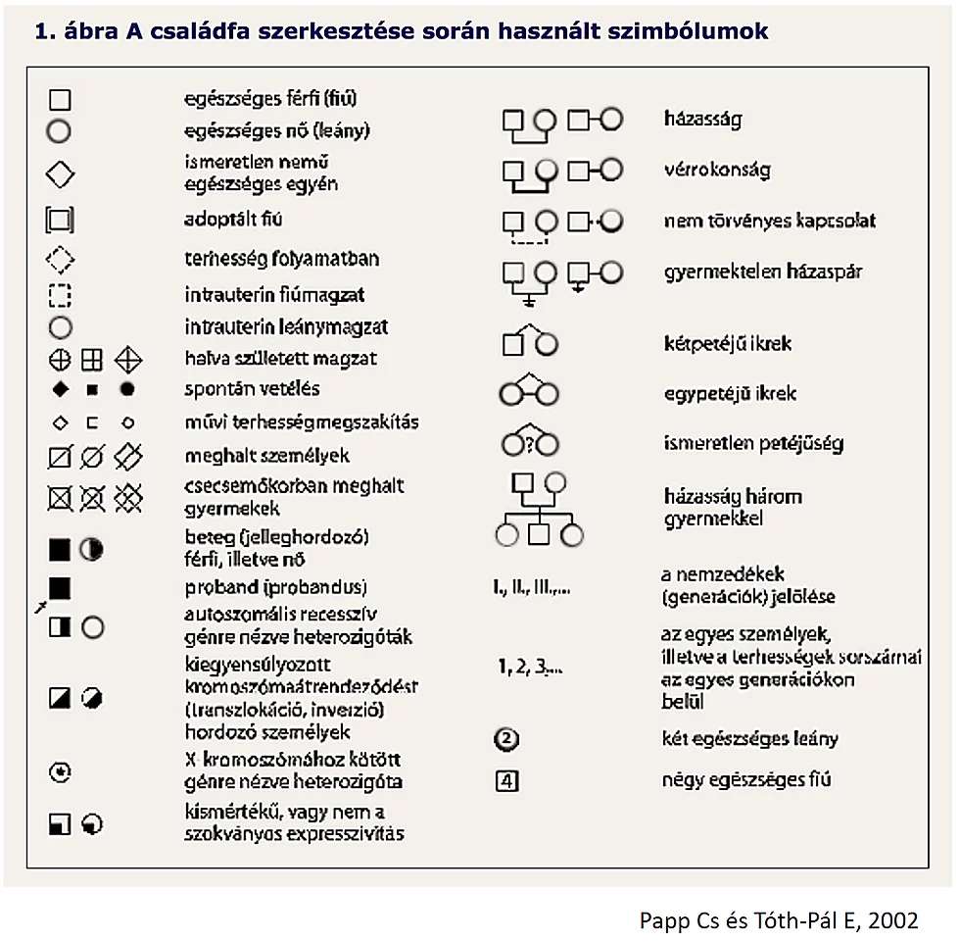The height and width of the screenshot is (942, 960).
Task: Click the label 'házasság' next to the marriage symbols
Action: [702, 120]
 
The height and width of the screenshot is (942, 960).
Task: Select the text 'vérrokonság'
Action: [716, 169]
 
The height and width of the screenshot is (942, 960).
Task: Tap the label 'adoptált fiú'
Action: [233, 219]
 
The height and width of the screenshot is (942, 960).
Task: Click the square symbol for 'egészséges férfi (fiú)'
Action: [60, 100]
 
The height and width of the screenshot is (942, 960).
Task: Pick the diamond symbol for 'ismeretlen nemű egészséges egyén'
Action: [61, 174]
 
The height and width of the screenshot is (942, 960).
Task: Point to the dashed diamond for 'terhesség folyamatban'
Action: [61, 260]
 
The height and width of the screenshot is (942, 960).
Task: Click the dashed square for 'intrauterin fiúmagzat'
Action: [60, 295]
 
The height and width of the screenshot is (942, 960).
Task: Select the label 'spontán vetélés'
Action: [252, 388]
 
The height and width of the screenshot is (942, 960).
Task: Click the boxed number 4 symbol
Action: [506, 781]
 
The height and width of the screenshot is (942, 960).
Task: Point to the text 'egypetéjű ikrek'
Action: [730, 394]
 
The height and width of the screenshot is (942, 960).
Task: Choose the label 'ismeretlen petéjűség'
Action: [752, 442]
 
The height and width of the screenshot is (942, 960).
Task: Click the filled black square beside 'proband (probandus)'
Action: [60, 587]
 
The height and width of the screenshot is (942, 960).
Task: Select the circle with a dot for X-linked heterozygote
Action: [61, 772]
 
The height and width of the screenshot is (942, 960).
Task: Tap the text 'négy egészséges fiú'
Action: [746, 780]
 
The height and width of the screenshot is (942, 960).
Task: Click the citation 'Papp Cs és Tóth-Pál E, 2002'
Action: [779, 920]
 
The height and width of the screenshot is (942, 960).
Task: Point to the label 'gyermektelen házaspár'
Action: [763, 272]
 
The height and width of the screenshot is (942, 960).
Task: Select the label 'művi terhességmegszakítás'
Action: [302, 422]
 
